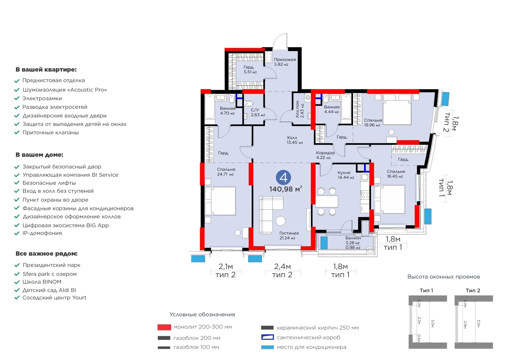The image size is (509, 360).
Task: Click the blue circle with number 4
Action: pos(283,177)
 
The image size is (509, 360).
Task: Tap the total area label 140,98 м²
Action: pos(286,189)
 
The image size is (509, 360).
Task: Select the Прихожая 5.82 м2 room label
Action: pos(284,62)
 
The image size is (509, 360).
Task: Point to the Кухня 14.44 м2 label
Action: pos(345,175)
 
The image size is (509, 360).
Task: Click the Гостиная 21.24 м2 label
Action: pos(289,235)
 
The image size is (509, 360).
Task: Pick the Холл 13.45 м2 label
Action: pos(295,140)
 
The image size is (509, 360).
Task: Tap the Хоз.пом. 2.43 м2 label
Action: pos(300,109)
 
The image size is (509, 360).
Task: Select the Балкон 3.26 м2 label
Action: pos(353,240)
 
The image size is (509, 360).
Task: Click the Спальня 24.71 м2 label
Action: pos(226,172)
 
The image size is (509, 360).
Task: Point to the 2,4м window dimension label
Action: pos(282,266)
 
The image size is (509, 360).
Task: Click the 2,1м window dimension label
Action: pos(226,266)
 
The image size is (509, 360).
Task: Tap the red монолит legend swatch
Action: pos(164,327)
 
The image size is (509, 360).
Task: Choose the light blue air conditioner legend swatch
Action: pos(268,347)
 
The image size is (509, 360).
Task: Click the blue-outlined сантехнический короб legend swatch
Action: pos(268,337)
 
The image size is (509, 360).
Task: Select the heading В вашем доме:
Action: pos(39,155)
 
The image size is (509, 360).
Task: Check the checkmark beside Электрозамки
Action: pos(17,98)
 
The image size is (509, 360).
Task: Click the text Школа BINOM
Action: pos(42,282)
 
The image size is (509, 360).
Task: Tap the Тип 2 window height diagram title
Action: pos(473,290)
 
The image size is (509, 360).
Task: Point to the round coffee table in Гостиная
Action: pos(281,221)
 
